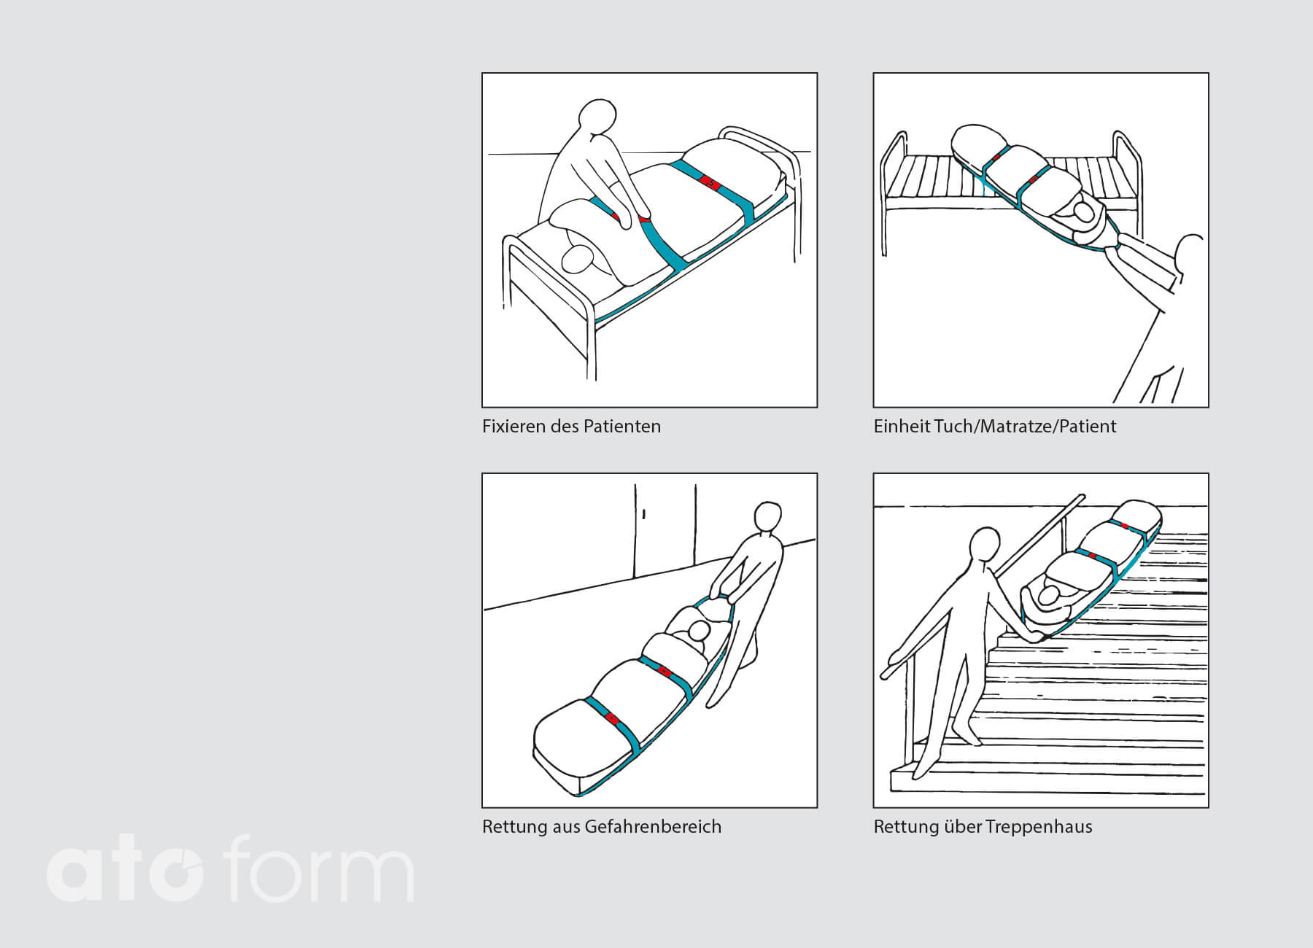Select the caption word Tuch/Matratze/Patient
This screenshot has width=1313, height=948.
[1026, 426]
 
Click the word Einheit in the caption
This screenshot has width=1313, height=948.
[901, 426]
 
